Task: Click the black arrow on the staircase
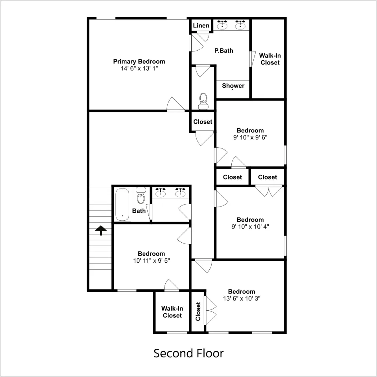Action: (x=101, y=231)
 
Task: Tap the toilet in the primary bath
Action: (x=203, y=101)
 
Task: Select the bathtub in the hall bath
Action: (x=122, y=204)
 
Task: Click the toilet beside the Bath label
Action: (x=141, y=196)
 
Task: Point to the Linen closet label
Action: (x=201, y=26)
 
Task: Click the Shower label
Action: (x=233, y=86)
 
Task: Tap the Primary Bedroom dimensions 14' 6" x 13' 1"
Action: (x=139, y=68)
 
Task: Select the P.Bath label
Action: (x=223, y=51)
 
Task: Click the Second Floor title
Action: (x=188, y=353)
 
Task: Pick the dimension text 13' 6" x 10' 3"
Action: (x=242, y=298)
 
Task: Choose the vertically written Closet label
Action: (x=198, y=311)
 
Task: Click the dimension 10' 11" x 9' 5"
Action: (x=152, y=261)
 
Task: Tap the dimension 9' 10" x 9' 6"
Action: (x=250, y=137)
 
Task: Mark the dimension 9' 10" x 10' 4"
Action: (x=250, y=227)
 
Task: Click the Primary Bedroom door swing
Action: (x=176, y=104)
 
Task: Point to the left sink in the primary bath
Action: (x=222, y=25)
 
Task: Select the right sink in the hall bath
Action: (x=180, y=192)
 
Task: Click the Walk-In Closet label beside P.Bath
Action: (x=270, y=59)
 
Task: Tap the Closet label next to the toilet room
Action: (x=203, y=122)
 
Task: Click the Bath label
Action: (x=139, y=211)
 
